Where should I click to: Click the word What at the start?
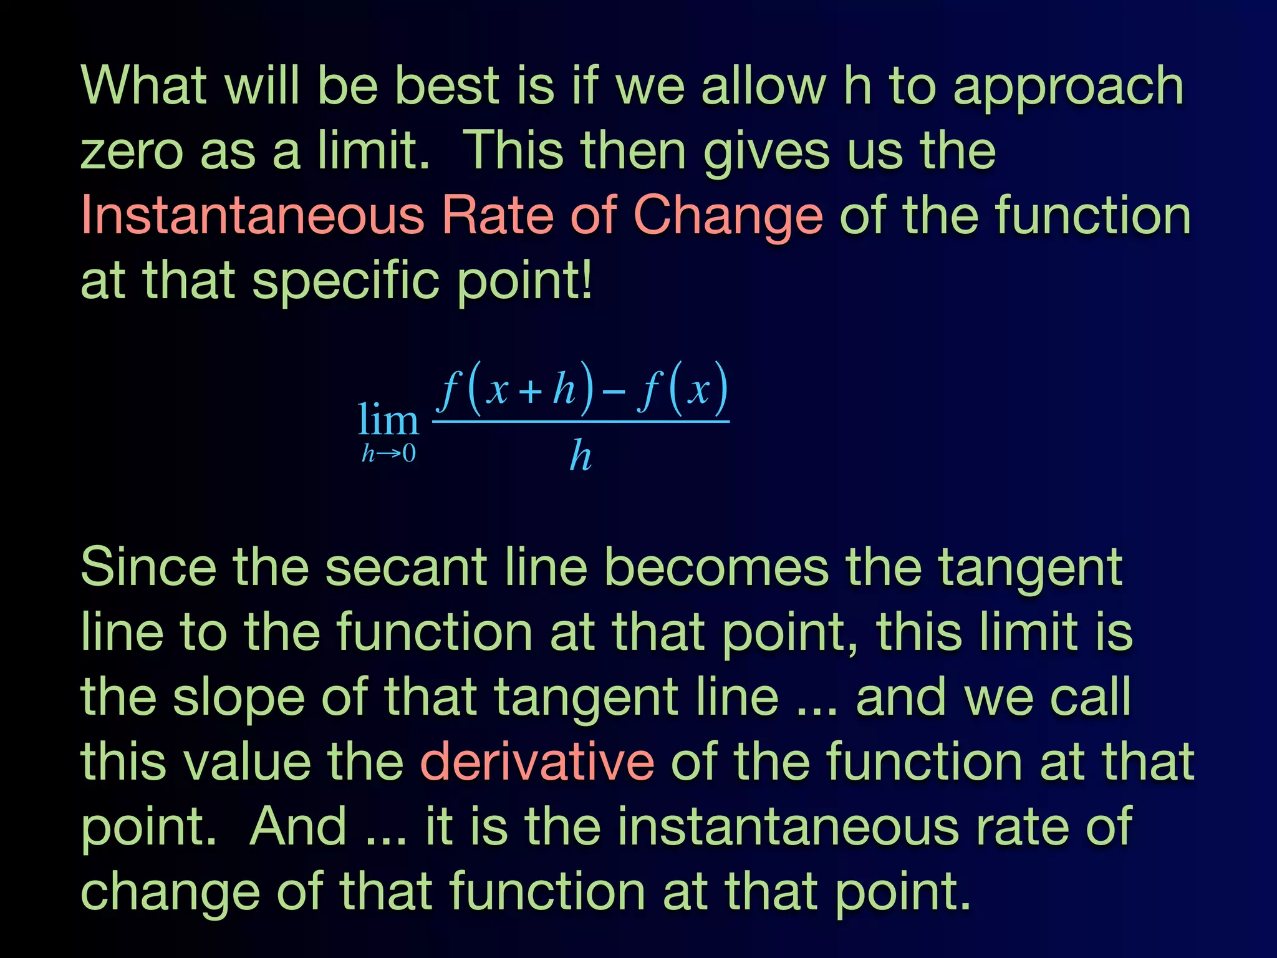point(143,85)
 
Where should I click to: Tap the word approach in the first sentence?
point(1067,87)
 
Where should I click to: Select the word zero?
point(132,152)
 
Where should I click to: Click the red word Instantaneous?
point(253,215)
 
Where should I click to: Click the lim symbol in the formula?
point(387,420)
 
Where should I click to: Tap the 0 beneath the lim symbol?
point(408,453)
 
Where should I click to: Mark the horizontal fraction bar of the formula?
point(581,422)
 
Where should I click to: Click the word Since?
point(148,568)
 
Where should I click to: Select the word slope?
point(238,698)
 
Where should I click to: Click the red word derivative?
point(537,762)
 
